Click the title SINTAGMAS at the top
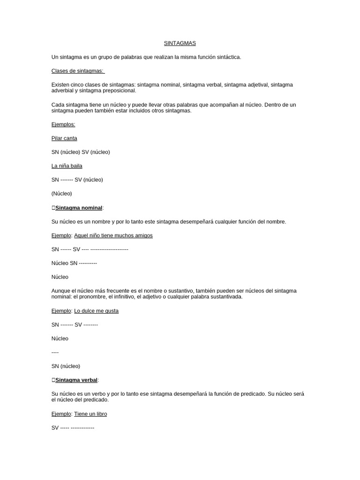tap(180, 43)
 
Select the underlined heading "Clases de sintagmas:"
tap(78, 71)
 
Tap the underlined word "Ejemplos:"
tap(63, 124)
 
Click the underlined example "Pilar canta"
tap(64, 138)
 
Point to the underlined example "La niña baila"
tap(67, 166)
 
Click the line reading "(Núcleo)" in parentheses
tap(62, 193)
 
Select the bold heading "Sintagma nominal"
tap(79, 208)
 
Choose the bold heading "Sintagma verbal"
tap(76, 380)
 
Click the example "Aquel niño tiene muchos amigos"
tap(113, 235)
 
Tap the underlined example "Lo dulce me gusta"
tap(96, 311)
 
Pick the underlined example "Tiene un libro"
tap(90, 414)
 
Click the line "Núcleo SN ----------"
tap(74, 263)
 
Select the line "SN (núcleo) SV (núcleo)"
tap(81, 152)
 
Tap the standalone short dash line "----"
tap(55, 352)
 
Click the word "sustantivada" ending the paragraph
tap(226, 297)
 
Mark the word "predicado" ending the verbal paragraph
tap(96, 400)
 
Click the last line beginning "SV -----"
tap(73, 427)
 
